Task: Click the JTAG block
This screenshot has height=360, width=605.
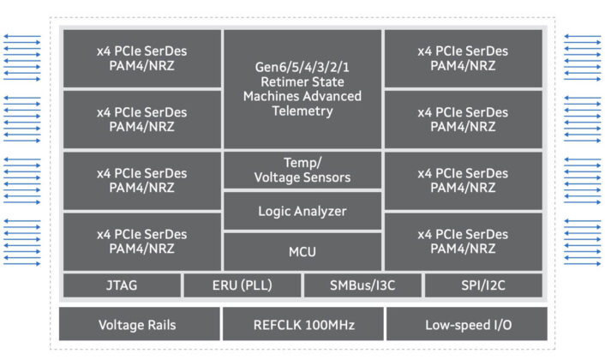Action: click(x=121, y=285)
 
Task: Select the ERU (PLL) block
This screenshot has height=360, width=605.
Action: click(x=243, y=285)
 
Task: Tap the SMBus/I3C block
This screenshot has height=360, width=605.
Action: click(x=363, y=285)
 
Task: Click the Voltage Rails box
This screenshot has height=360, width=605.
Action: click(x=137, y=325)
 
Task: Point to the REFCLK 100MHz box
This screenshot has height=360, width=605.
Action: click(x=302, y=325)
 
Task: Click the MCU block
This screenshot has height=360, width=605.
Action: click(x=302, y=251)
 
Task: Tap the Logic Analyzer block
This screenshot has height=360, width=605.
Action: click(x=302, y=211)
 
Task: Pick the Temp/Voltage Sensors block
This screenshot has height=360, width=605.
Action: click(x=302, y=171)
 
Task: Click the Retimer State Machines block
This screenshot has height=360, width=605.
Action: click(x=302, y=88)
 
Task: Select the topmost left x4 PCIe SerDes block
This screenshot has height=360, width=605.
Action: click(x=141, y=58)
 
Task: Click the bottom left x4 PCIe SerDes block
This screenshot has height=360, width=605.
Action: click(x=141, y=241)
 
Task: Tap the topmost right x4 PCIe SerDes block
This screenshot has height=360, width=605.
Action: click(x=464, y=58)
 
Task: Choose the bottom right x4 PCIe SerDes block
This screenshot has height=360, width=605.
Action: click(x=464, y=241)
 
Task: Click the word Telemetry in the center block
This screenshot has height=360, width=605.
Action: click(x=302, y=111)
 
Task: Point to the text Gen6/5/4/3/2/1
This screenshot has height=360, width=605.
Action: click(x=302, y=65)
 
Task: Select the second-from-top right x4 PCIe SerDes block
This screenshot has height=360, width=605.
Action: click(x=464, y=119)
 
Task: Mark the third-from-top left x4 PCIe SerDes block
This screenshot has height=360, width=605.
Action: click(x=141, y=180)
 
